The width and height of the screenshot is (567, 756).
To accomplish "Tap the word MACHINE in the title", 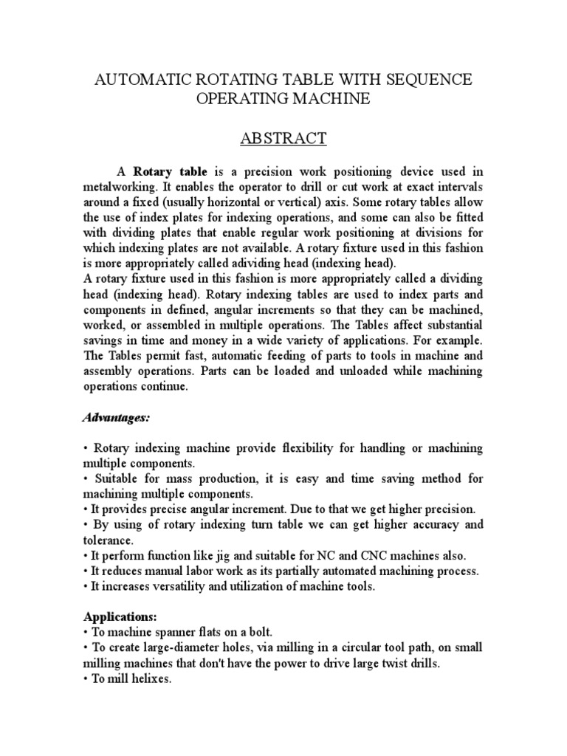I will [332, 99].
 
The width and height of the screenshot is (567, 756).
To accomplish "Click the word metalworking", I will [115, 187].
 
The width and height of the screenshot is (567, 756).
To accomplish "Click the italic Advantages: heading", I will [115, 418].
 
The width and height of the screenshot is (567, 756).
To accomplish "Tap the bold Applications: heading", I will [119, 615].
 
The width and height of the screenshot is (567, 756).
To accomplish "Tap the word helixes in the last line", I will [149, 680].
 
